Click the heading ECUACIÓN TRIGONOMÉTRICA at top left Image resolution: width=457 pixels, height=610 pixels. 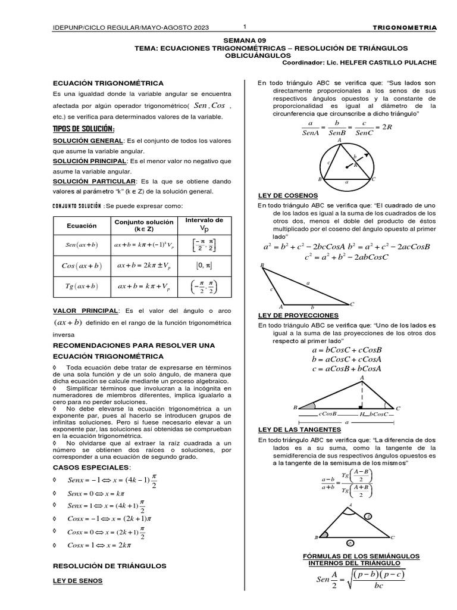click(108, 83)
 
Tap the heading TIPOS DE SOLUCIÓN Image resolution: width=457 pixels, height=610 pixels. click(84, 130)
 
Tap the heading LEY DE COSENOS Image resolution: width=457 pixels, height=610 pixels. click(287, 195)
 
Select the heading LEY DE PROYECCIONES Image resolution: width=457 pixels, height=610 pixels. click(298, 315)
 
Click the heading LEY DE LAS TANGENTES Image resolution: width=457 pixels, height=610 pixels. click(299, 429)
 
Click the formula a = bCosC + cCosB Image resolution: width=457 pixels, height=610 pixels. click(346, 350)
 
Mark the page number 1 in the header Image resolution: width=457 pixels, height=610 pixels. click(245, 27)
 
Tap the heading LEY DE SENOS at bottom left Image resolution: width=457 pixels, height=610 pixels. click(77, 580)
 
